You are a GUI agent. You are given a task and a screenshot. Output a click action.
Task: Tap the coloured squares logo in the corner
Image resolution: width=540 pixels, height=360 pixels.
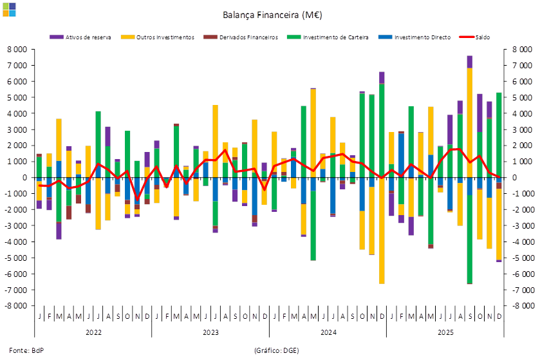(x=8, y=8)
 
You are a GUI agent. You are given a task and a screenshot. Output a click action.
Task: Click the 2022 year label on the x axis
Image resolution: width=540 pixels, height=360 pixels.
(x=94, y=333)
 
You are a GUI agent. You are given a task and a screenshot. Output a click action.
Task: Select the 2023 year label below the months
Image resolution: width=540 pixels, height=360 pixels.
(x=210, y=333)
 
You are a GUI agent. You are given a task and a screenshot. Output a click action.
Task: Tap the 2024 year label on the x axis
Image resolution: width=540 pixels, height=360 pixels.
(x=328, y=333)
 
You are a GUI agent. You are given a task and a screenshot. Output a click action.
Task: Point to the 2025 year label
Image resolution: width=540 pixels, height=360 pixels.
(x=445, y=333)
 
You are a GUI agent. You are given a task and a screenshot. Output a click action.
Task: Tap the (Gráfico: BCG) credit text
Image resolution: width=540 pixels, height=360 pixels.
(x=276, y=350)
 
